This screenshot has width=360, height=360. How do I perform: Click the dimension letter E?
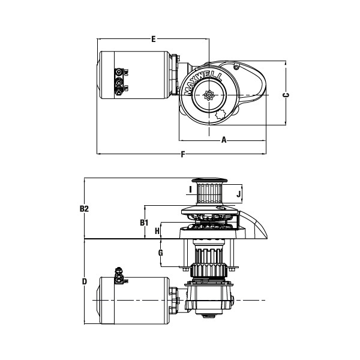(x=154, y=39)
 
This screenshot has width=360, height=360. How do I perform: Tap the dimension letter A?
(x=224, y=140)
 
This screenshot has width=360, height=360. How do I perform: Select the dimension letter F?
(x=183, y=154)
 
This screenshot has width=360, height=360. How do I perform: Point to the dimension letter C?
(x=286, y=95)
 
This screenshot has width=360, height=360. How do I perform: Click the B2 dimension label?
(x=84, y=209)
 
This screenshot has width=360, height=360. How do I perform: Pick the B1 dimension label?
(x=144, y=223)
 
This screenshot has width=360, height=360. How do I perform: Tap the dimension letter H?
(x=157, y=231)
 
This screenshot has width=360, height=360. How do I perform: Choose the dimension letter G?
(x=160, y=253)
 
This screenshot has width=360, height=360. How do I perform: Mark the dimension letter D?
(x=85, y=281)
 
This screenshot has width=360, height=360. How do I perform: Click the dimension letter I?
(x=190, y=190)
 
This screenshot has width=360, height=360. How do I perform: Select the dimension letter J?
(x=239, y=194)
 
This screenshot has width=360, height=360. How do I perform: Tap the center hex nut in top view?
(x=209, y=95)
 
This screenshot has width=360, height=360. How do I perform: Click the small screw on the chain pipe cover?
(x=236, y=67)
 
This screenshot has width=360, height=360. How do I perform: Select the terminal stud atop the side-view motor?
(x=119, y=275)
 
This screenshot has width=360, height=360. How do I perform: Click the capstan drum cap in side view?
(x=209, y=181)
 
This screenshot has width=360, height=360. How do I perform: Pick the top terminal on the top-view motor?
(x=119, y=72)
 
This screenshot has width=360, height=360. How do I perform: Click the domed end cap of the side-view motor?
(x=98, y=301)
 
